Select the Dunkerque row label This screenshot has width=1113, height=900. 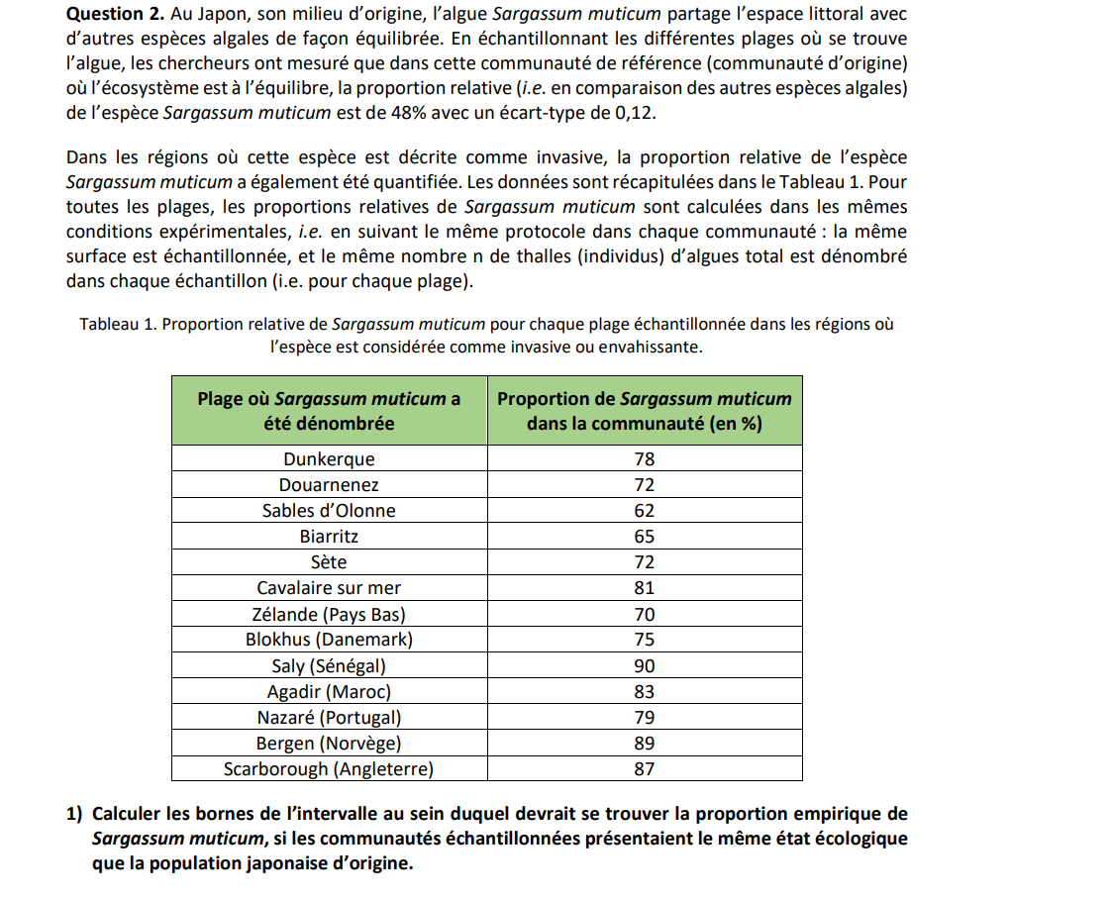329,459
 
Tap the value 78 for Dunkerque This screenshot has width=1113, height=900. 645,459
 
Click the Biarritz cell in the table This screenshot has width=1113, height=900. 329,537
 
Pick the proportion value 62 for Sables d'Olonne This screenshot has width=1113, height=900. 645,511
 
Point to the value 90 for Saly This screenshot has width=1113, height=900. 645,665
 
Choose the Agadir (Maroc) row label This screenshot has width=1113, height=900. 329,691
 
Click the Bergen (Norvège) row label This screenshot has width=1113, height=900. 329,743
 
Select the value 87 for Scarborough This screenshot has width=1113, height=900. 645,768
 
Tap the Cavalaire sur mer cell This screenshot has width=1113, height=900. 329,588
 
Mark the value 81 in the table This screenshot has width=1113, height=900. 645,588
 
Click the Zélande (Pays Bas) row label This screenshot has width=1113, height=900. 329,614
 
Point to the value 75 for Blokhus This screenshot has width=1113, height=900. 645,640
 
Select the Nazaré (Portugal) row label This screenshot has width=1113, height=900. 329,717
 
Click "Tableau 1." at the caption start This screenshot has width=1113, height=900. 116,325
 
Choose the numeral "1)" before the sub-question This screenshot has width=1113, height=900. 74,814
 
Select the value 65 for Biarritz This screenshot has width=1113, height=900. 645,537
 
